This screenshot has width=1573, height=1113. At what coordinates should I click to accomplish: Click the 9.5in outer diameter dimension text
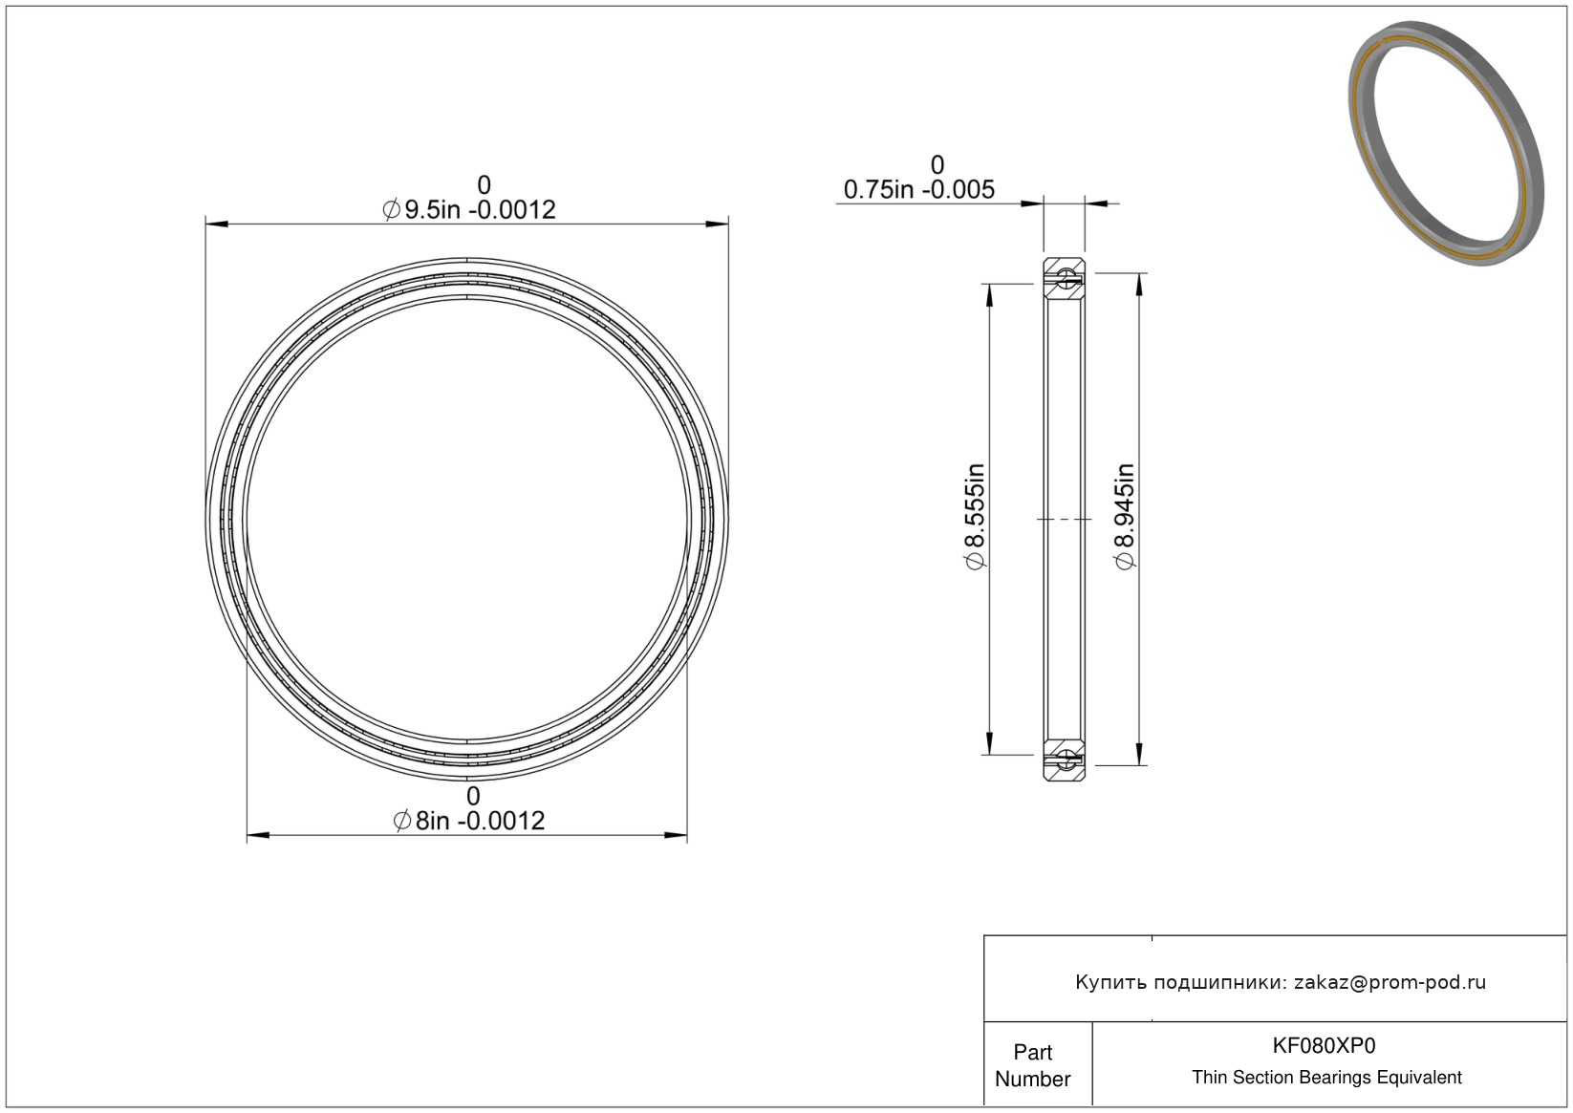click(x=469, y=209)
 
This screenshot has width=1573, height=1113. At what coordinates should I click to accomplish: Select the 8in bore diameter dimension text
click(x=469, y=820)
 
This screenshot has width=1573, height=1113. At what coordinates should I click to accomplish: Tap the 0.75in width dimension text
click(x=918, y=189)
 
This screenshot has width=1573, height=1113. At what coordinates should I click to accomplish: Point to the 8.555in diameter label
click(x=976, y=516)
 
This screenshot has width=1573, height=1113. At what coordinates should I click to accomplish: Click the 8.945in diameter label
click(x=1124, y=516)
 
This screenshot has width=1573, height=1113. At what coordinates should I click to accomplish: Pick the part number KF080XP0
click(x=1324, y=1045)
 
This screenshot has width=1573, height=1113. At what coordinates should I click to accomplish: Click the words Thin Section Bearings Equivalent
click(x=1326, y=1078)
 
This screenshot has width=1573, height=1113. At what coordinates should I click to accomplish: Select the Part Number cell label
click(x=1032, y=1065)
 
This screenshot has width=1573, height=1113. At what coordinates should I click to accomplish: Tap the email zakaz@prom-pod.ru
click(x=1390, y=982)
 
